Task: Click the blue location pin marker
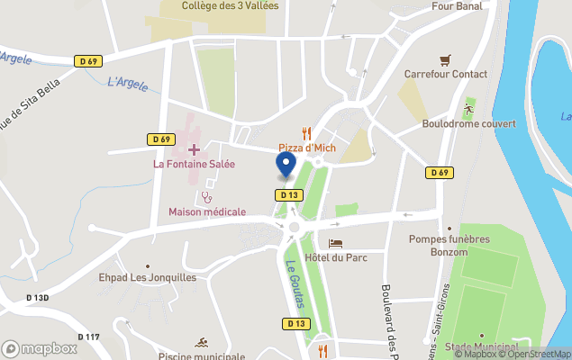click(x=285, y=165)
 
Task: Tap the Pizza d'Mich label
click(x=306, y=148)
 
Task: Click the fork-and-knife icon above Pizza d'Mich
click(x=306, y=133)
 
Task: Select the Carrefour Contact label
click(x=445, y=75)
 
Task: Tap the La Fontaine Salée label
click(x=194, y=164)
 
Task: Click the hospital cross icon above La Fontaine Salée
click(x=194, y=148)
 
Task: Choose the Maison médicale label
click(x=207, y=211)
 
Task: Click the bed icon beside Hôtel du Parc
click(x=335, y=244)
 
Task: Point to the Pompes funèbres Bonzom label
click(x=449, y=245)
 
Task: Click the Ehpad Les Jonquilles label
click(x=148, y=278)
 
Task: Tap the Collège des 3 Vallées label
click(x=230, y=5)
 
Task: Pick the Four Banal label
click(x=457, y=5)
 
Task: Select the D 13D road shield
click(x=37, y=297)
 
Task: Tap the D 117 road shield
click(x=88, y=337)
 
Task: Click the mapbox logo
click(x=40, y=348)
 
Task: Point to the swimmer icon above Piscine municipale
click(x=201, y=343)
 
